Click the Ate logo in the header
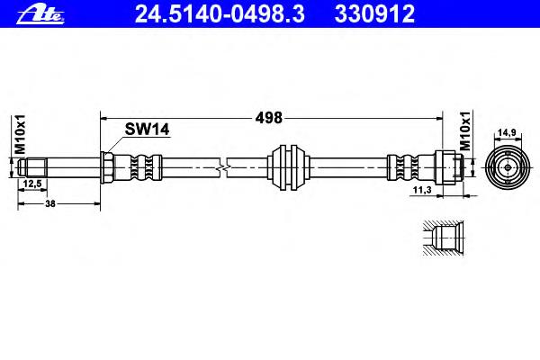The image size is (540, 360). (40, 14)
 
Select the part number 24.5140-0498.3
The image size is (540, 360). (220, 14)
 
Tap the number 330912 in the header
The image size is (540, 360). (374, 14)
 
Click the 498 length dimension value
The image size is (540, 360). (268, 118)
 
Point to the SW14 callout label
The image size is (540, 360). (147, 130)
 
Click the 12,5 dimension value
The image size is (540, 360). (32, 184)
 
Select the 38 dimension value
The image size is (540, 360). (50, 203)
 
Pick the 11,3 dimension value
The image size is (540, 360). (422, 190)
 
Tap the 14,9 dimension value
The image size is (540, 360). (508, 132)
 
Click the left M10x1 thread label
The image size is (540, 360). (20, 134)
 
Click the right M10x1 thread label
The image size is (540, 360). (465, 130)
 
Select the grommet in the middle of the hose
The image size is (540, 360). (288, 167)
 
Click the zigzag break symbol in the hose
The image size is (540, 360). (223, 167)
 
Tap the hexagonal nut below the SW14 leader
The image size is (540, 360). (107, 167)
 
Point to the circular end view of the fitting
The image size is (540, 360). (508, 167)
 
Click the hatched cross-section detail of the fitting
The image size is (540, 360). (443, 238)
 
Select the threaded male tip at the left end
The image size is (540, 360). (32, 167)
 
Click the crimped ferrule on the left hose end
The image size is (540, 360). (138, 167)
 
